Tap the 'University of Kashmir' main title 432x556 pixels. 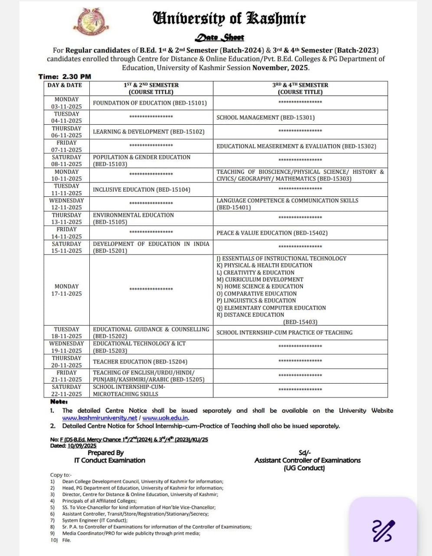[229, 18]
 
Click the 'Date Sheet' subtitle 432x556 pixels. [219, 37]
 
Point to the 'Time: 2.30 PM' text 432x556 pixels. [65, 76]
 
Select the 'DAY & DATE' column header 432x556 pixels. [65, 85]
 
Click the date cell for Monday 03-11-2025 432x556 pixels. [66, 103]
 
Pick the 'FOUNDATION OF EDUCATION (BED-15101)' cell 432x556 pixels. [150, 103]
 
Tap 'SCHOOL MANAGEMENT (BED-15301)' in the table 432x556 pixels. [265, 117]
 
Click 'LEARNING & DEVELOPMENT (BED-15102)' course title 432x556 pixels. [148, 132]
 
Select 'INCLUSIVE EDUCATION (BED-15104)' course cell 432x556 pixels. [141, 189]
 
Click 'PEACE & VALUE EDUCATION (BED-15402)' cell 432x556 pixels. [272, 233]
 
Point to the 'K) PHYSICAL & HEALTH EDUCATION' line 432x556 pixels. [264, 265]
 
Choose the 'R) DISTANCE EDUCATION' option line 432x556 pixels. [250, 315]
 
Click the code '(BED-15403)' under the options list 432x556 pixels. [300, 322]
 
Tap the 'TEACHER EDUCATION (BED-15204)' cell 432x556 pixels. [140, 361]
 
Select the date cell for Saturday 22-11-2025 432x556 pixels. [66, 391]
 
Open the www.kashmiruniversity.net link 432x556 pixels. [99, 418]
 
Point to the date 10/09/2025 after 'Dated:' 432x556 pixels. [82, 446]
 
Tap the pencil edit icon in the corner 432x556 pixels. [383, 530]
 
